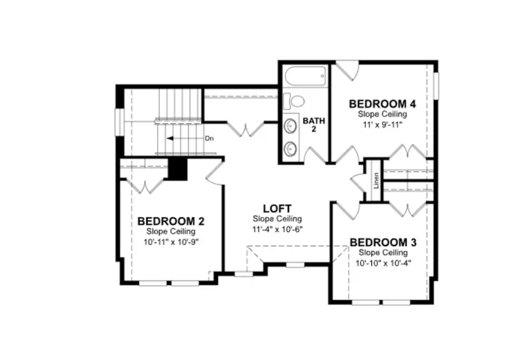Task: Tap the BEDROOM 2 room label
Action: pyautogui.click(x=171, y=221)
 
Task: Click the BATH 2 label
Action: pyautogui.click(x=314, y=125)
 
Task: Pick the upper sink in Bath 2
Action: pyautogui.click(x=291, y=126)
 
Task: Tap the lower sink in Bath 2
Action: pyautogui.click(x=291, y=148)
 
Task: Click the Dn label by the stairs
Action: pyautogui.click(x=209, y=139)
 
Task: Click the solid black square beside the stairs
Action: pyautogui.click(x=178, y=169)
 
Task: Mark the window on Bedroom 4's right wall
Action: pyautogui.click(x=437, y=87)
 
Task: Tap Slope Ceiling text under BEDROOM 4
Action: pyautogui.click(x=382, y=114)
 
